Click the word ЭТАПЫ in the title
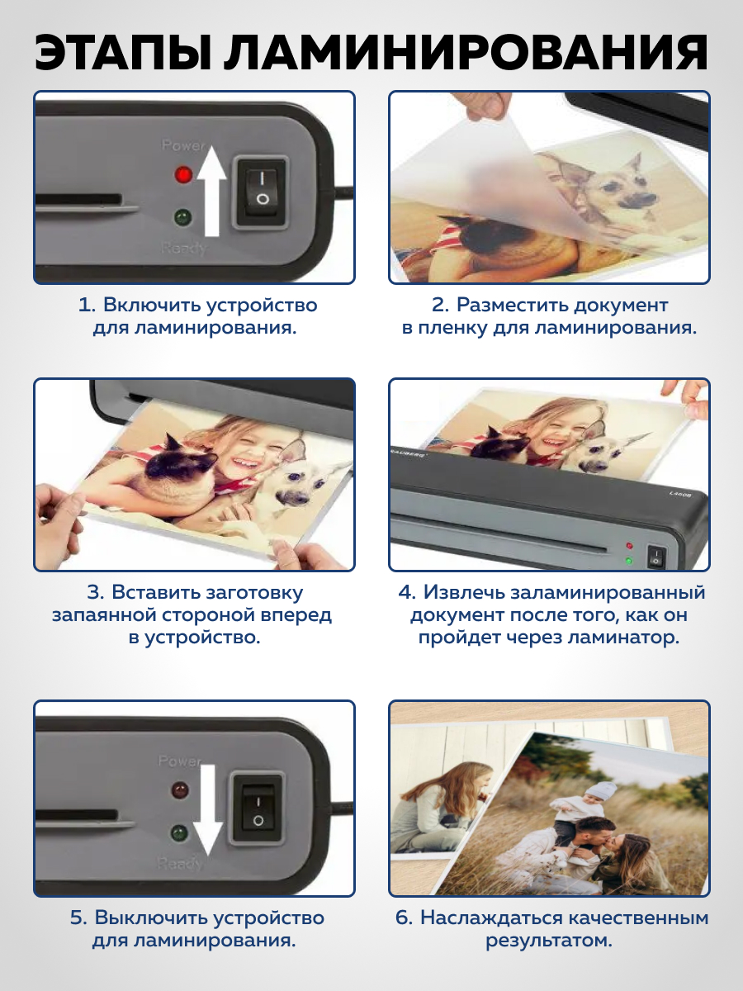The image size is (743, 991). tap(123, 53)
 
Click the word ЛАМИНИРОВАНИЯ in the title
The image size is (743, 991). tap(466, 53)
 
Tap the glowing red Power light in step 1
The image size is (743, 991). tap(183, 175)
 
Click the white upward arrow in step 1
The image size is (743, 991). tap(211, 191)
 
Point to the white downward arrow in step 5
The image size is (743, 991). tap(207, 810)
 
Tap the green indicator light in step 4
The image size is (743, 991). tap(629, 562)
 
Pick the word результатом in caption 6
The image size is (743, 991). tap(548, 941)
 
